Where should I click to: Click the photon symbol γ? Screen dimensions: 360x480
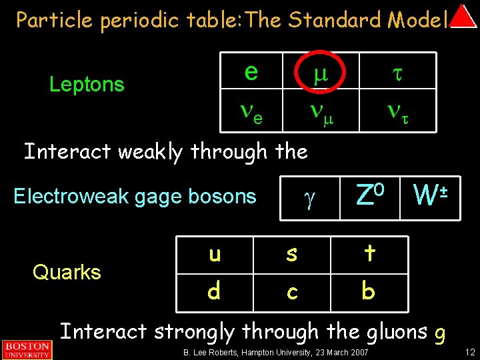point(307,199)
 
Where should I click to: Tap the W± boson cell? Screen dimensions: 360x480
point(430,195)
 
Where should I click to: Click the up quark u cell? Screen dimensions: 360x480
point(215,255)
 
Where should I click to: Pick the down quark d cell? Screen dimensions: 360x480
point(215,292)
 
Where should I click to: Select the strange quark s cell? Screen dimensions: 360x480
point(292,255)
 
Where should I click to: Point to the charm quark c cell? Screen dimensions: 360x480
point(292,292)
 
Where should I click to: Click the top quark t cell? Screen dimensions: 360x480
point(369,255)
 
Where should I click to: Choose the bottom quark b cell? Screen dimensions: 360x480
point(369,292)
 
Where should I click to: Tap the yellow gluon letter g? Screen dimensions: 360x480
point(439,333)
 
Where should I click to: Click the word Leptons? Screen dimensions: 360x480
point(87,85)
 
